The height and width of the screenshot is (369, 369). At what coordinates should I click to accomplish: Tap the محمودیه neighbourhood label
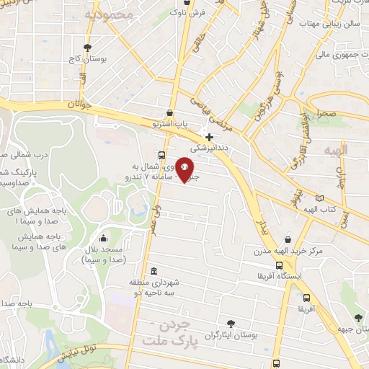pyautogui.click(x=109, y=14)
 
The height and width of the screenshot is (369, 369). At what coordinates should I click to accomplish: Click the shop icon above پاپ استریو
pyautogui.click(x=169, y=112)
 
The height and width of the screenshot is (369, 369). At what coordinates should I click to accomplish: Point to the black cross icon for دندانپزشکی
pyautogui.click(x=210, y=136)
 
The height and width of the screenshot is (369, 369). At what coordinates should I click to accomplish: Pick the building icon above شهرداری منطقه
pyautogui.click(x=153, y=271)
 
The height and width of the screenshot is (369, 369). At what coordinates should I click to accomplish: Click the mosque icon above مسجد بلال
pyautogui.click(x=104, y=239)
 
